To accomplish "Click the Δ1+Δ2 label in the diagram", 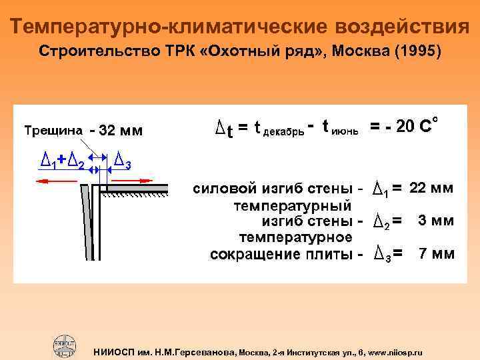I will click(62, 160).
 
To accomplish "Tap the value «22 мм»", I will click(431, 189).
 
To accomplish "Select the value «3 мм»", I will click(436, 221).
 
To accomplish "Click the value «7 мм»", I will click(436, 253).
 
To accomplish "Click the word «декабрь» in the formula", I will click(285, 131).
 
